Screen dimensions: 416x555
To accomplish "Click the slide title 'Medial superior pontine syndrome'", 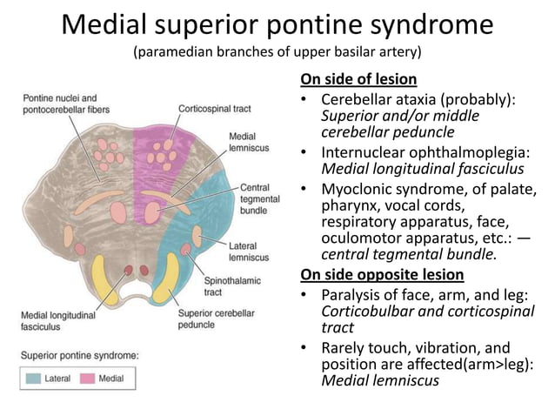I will [x=277, y=24].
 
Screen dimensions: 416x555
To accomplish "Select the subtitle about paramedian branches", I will [x=277, y=53].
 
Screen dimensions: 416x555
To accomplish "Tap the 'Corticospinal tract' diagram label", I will [x=214, y=109].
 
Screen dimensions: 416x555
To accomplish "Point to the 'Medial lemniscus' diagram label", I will [x=248, y=143].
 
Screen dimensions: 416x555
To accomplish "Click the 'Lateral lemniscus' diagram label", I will [x=249, y=252].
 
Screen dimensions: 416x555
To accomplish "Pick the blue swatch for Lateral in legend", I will [x=34, y=379].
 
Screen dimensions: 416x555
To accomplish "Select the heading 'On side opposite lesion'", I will [x=382, y=274].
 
